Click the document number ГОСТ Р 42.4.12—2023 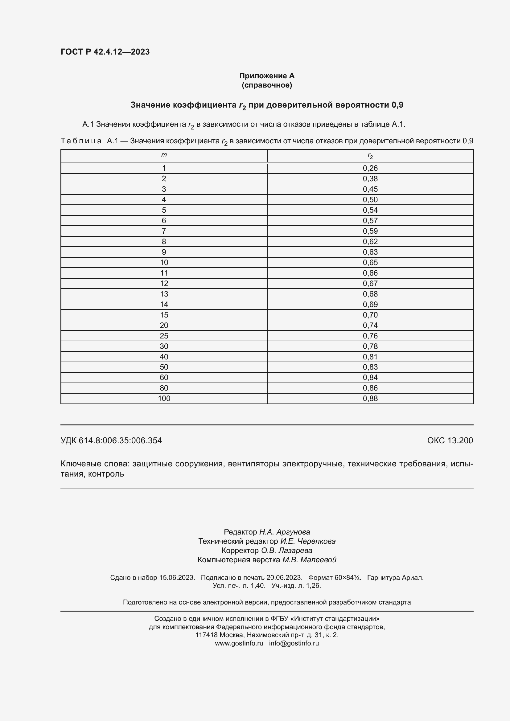[x=105, y=52]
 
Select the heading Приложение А [x=267, y=76]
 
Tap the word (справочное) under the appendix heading [x=267, y=85]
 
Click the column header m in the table [x=164, y=155]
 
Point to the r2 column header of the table [x=370, y=155]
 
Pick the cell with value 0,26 [x=370, y=168]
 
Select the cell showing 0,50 [x=370, y=200]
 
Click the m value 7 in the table [x=164, y=231]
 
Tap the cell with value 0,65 [x=370, y=263]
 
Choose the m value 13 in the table [x=164, y=294]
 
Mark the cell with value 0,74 [x=370, y=325]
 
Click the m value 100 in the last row [x=164, y=399]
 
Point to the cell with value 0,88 [x=370, y=399]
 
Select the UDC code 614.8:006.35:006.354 [x=120, y=440]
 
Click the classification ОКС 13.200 [x=450, y=440]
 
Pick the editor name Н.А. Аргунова [x=285, y=532]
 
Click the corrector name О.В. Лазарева [x=286, y=551]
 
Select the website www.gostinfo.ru [x=239, y=643]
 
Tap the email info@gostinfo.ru [x=294, y=643]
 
